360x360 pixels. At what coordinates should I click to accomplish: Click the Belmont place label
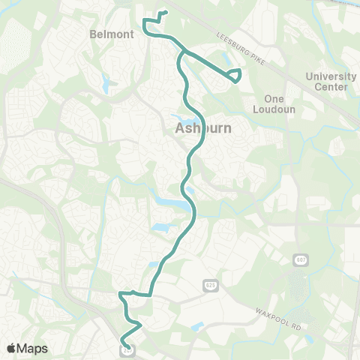coord(111,34)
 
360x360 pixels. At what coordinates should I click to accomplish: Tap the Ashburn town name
coord(203,129)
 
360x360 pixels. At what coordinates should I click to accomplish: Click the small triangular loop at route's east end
coord(235,74)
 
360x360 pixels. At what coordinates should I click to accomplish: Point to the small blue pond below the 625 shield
coord(196,326)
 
